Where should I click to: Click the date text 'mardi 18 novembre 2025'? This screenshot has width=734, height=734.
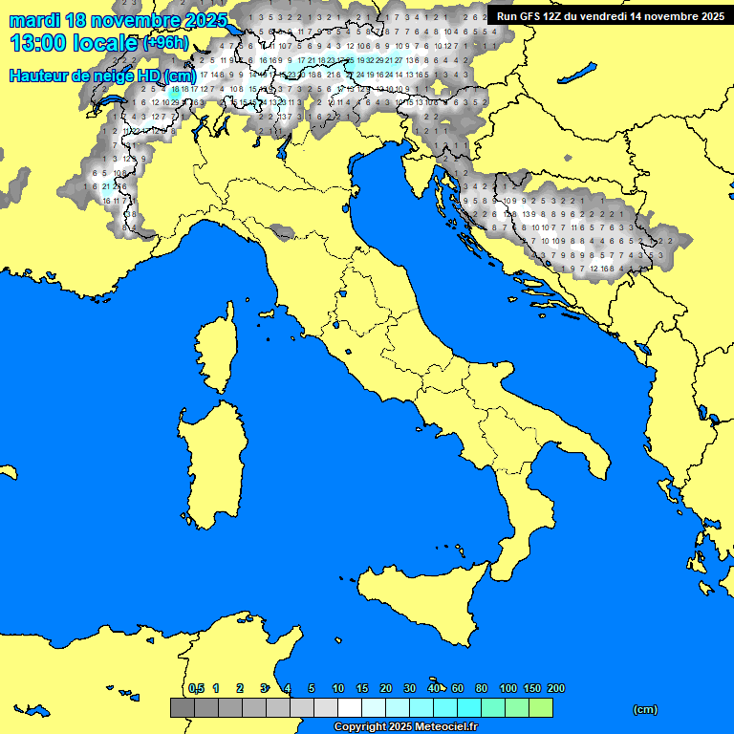pos(119,20)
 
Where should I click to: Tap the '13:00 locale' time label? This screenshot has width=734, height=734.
pos(75,43)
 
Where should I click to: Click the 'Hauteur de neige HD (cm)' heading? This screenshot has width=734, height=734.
pos(102,76)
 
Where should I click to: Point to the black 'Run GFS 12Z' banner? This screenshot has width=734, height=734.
pos(609,16)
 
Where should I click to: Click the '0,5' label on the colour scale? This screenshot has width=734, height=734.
pos(197,688)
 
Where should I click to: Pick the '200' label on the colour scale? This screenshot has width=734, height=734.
pos(555,688)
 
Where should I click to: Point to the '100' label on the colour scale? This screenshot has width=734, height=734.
pos(508,688)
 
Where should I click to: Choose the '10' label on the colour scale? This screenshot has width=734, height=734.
pos(338,688)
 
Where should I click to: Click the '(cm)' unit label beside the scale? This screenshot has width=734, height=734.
pos(645,709)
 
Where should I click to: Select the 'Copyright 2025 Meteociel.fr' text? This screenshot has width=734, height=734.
pos(405,726)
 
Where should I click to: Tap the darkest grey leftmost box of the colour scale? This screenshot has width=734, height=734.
pos(182,707)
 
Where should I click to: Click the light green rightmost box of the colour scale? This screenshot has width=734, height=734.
pos(540,707)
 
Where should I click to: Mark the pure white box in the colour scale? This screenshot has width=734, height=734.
pos(349,707)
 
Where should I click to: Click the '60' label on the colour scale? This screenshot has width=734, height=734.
pos(458,688)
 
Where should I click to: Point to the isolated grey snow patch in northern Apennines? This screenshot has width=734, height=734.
pos(281,232)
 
